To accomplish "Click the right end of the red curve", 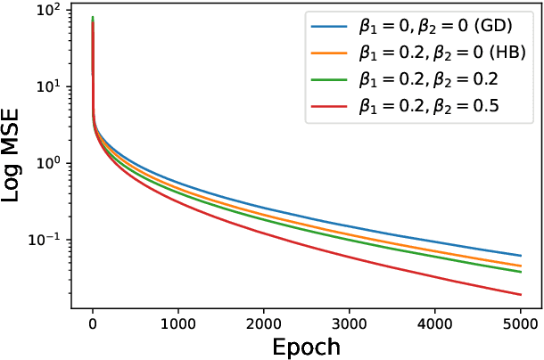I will (x=520, y=295).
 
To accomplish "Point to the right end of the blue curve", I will (x=520, y=256).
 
